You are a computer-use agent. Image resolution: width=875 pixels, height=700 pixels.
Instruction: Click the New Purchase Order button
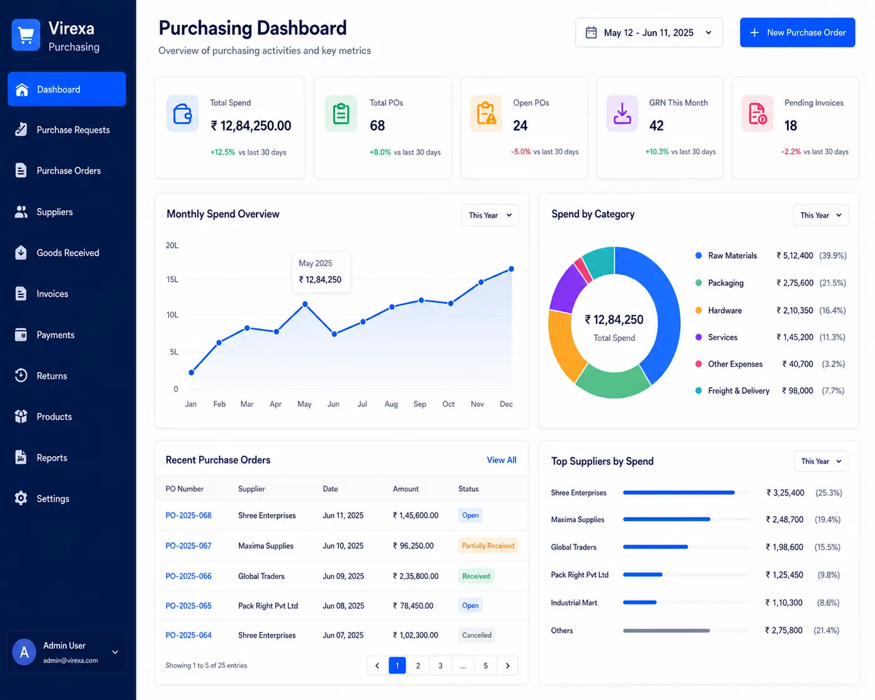(x=797, y=32)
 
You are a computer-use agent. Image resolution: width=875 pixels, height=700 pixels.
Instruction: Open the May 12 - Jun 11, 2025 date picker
(x=648, y=32)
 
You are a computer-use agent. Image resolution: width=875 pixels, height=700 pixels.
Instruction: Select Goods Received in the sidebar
(x=67, y=253)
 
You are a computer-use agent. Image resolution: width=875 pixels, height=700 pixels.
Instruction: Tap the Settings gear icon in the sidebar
(x=21, y=498)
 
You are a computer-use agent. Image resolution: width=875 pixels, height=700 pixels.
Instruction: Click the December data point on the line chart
(x=511, y=269)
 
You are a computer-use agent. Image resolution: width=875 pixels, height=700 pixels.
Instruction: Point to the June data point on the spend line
(x=335, y=334)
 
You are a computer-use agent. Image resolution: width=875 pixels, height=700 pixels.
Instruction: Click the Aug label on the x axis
(x=391, y=404)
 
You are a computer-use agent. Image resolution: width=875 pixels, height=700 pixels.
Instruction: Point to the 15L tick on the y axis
(x=172, y=280)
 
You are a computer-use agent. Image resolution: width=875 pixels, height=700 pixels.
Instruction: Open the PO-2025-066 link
(x=188, y=576)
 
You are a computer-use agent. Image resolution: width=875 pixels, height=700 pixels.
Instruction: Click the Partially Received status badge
(x=488, y=545)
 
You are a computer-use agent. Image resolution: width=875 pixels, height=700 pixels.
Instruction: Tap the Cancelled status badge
(x=477, y=635)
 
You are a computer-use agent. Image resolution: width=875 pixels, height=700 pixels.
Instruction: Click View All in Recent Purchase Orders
(x=501, y=460)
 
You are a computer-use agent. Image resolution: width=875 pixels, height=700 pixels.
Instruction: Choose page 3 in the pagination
(x=441, y=666)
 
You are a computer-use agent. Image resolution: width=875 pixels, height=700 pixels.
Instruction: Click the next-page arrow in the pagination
(x=507, y=666)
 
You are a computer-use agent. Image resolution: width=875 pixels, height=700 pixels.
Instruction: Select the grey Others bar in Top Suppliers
(x=667, y=631)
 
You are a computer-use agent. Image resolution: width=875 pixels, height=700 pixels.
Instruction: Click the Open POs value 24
(x=520, y=125)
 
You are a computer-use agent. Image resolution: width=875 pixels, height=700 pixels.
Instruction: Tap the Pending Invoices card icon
(x=757, y=114)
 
